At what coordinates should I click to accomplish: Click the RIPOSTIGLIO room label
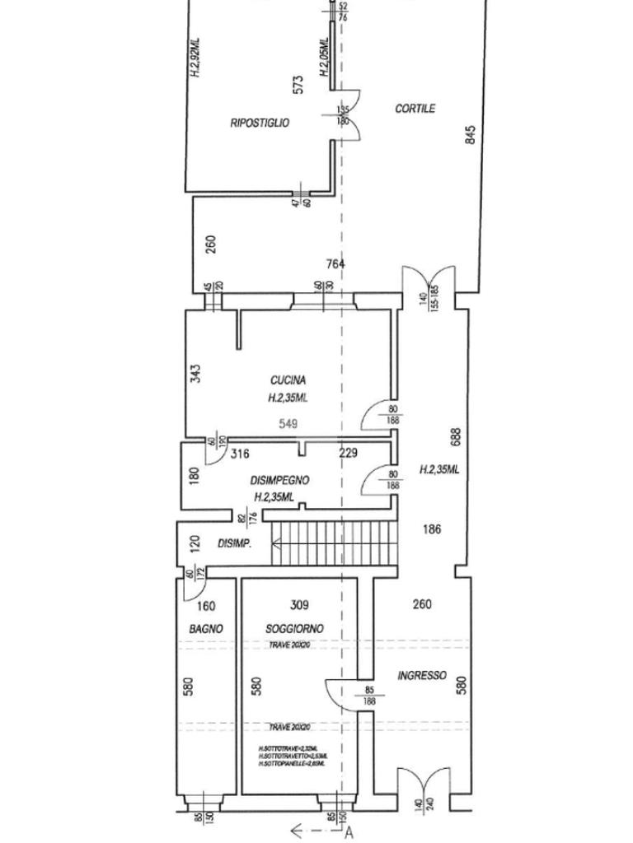point(260,123)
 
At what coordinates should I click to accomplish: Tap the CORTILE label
point(415,109)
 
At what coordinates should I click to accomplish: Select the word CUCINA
point(288,380)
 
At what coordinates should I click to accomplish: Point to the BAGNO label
point(206,629)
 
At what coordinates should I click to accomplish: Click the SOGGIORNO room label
point(294,629)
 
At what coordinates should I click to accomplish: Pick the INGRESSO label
point(422,676)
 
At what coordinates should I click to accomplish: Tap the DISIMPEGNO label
point(279,480)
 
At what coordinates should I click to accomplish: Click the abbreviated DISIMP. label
point(234,544)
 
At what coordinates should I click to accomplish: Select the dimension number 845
point(471,134)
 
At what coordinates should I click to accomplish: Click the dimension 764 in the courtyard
point(335,264)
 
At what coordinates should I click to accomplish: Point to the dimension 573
point(298,84)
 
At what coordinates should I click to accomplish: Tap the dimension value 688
point(456,436)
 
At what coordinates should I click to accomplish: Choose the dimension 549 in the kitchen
point(288,424)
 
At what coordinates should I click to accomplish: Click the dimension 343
point(195,374)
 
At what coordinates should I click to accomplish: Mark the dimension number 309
point(299,605)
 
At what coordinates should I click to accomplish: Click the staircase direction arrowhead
point(277,543)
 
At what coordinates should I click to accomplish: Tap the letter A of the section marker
point(349,832)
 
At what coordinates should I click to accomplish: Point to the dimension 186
point(432,529)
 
